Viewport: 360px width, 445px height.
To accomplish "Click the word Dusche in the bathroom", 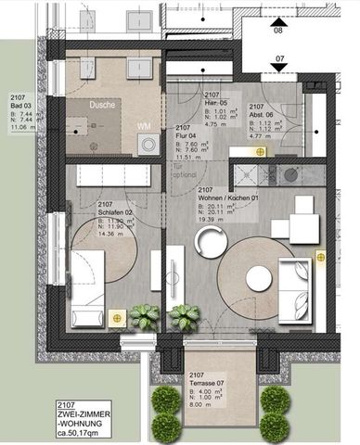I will [x=103, y=105].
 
